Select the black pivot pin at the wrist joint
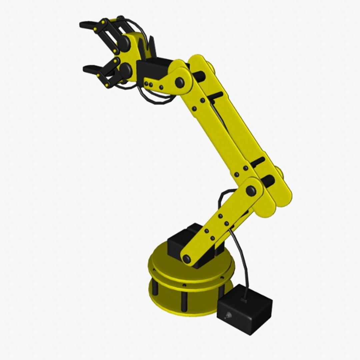pos(179,82)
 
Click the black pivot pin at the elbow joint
pos(251,191)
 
